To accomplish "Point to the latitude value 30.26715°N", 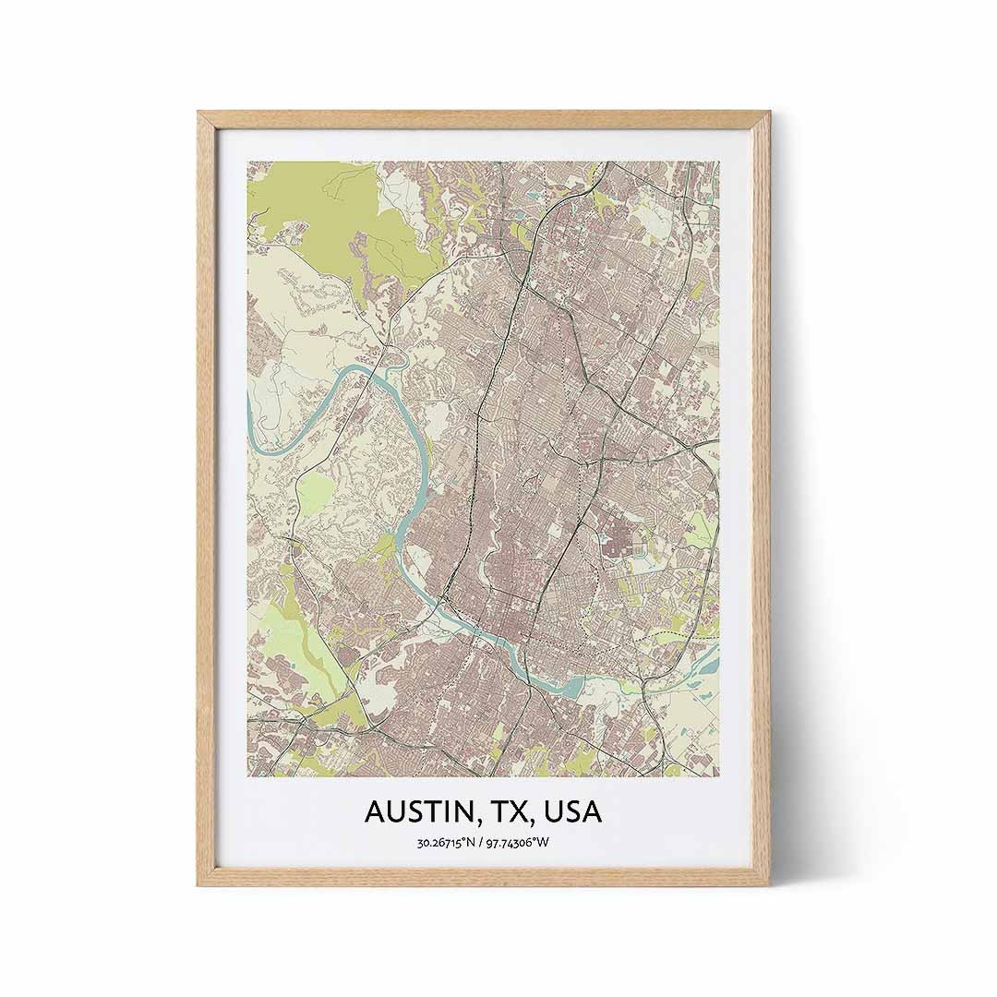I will tap(448, 841).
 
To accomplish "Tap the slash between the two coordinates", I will tap(482, 841).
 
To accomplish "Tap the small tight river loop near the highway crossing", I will tap(391, 354).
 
